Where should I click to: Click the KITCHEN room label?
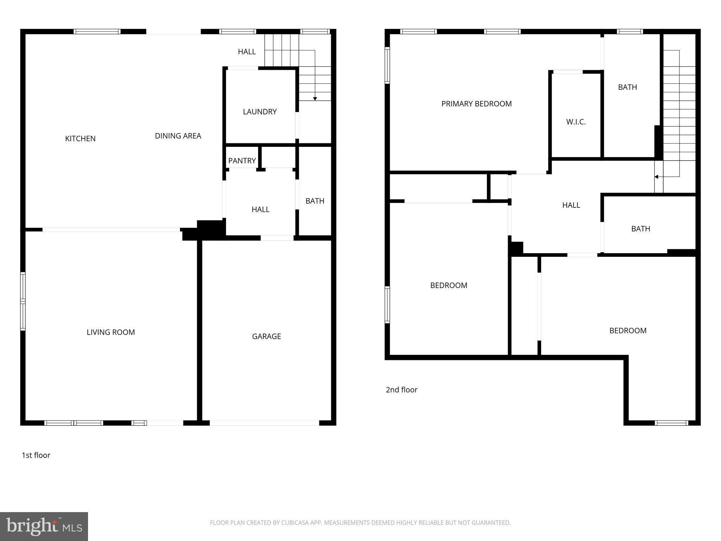pos(80,139)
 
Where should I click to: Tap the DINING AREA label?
pos(178,136)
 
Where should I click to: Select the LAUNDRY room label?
pos(260,112)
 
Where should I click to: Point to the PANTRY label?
pos(242,161)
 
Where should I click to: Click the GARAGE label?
pos(267,336)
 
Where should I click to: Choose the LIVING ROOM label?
pos(111,332)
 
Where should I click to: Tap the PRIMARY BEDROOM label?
pos(476,104)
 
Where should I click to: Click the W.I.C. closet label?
pos(576,122)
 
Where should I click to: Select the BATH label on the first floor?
pos(315,201)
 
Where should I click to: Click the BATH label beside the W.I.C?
pos(627,87)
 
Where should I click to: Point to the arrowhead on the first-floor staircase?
pos(315,99)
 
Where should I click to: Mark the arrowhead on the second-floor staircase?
pos(656,177)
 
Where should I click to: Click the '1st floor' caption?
pos(36,455)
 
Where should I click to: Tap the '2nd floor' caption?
pos(401,390)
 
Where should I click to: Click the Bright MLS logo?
pos(44,526)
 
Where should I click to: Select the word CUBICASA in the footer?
pos(295,523)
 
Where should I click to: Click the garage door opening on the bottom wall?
pos(264,423)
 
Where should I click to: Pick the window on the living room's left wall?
pos(23,301)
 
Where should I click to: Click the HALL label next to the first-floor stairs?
pos(246,52)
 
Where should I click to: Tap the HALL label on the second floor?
pos(571,205)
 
